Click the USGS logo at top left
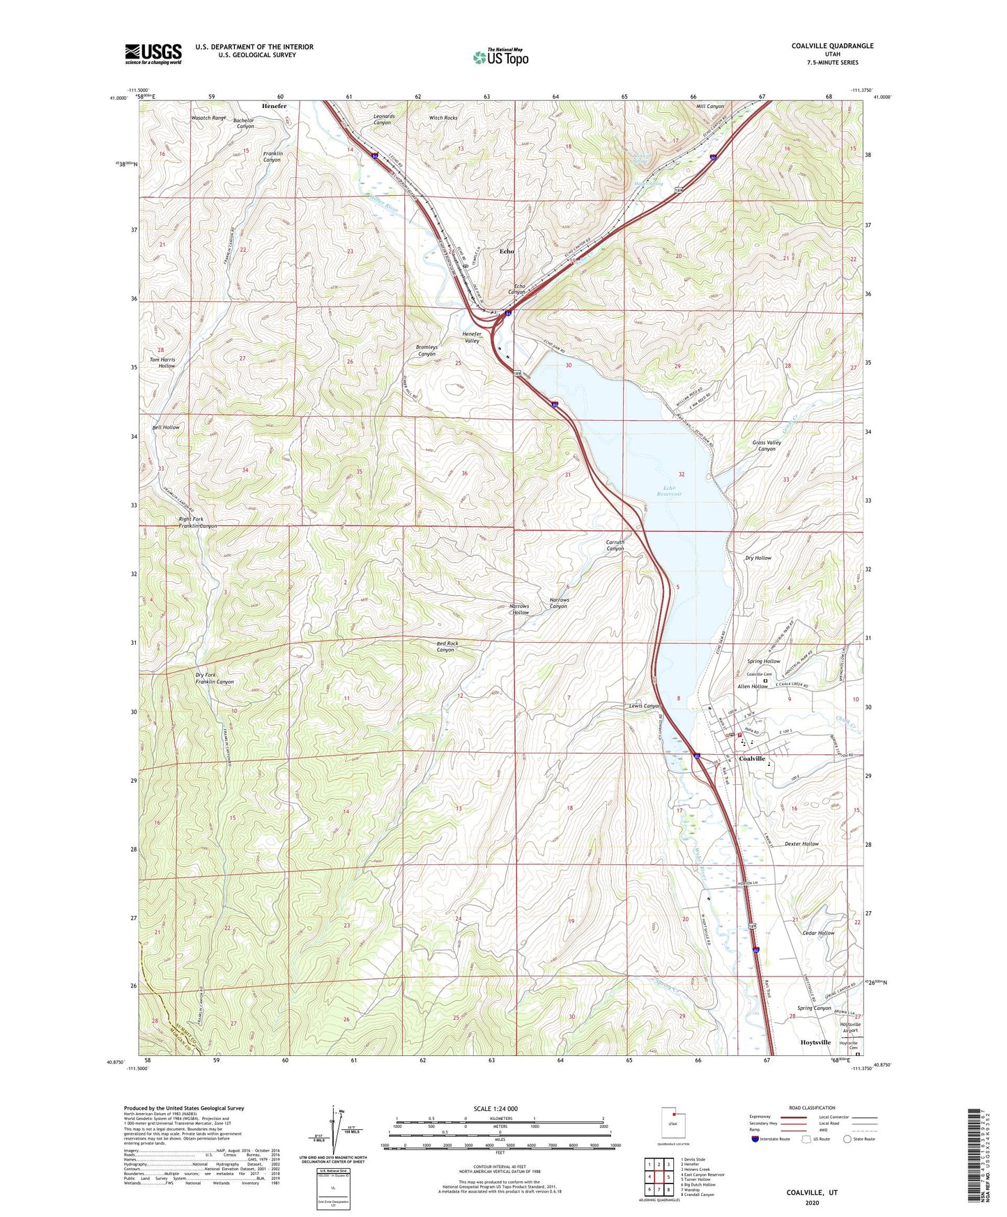tap(153, 54)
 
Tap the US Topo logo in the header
tap(500, 57)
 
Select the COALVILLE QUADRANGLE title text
tap(832, 46)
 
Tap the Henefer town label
tap(274, 106)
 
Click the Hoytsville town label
tap(813, 1043)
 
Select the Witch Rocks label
tap(443, 118)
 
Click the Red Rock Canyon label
tap(447, 646)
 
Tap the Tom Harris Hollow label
tap(163, 362)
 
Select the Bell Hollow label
tap(166, 427)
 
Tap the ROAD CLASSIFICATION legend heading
tap(812, 1108)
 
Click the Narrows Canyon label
tap(569, 603)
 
